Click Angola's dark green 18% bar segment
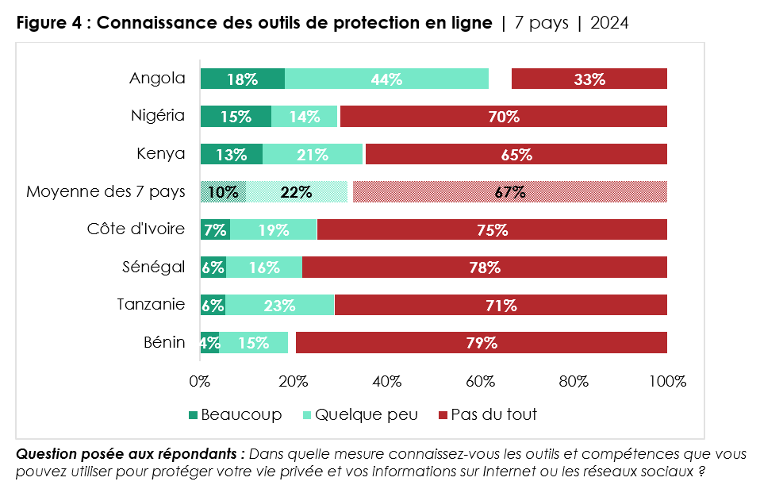point(242,79)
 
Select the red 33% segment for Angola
point(589,79)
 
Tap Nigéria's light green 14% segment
point(305,117)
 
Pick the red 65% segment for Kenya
point(516,154)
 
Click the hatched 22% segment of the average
point(296,191)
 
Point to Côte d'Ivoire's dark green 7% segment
point(215,229)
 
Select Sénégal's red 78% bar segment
point(484,267)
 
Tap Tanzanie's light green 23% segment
point(279,305)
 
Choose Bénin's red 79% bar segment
point(482,342)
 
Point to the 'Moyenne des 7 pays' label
point(106,191)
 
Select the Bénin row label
point(163,342)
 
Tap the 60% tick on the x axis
point(480,381)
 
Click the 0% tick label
point(200,381)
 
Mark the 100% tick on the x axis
point(666,381)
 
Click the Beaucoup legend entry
point(236,414)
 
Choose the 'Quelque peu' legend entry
point(355,414)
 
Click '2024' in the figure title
point(608,23)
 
